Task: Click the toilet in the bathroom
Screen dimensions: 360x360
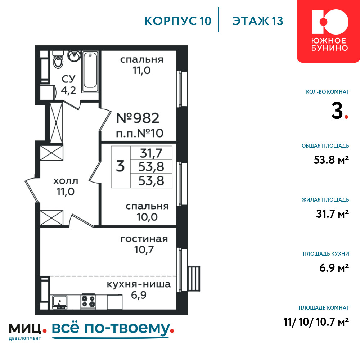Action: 58,60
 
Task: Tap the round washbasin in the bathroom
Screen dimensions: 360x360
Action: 74,56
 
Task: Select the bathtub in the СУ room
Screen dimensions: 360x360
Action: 90,72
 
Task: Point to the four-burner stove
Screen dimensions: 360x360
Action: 89,301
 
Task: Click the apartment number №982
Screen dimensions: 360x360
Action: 138,118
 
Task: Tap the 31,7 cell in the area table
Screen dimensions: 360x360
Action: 151,153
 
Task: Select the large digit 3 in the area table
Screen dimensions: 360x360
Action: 120,166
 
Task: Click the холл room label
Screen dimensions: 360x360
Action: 66,181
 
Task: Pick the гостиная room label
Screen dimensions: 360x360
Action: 144,239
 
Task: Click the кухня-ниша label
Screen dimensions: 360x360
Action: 139,284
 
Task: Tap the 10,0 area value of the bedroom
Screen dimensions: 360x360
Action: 147,217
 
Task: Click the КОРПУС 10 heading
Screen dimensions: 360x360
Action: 178,21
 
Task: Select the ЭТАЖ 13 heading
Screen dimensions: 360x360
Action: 258,21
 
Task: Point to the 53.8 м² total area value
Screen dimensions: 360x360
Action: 331,160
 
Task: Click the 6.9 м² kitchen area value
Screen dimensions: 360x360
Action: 334,268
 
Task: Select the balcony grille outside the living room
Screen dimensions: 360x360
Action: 194,278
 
